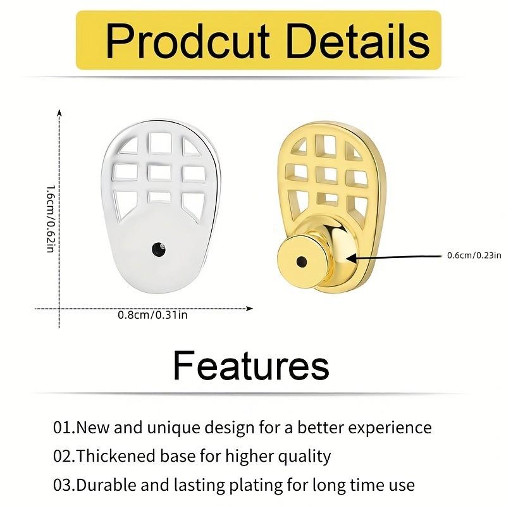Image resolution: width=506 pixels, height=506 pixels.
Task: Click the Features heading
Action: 251,365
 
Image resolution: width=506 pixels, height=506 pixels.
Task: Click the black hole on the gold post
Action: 299,260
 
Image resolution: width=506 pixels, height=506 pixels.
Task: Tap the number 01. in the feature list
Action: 64,428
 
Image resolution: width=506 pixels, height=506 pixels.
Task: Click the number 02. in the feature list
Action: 64,456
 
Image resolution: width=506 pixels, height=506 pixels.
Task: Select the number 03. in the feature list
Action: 64,485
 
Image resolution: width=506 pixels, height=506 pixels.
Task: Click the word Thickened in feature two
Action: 110,456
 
